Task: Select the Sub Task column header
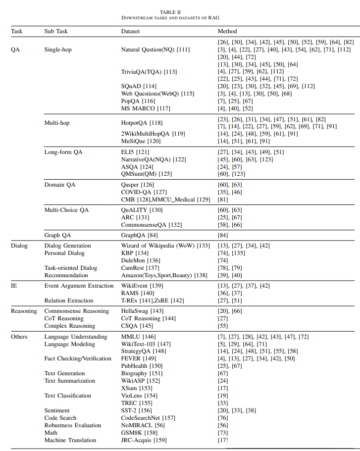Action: (x=55, y=31)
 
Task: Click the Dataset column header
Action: (x=130, y=31)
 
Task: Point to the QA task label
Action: (x=15, y=50)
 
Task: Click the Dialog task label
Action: (x=19, y=246)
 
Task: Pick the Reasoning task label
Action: (x=24, y=311)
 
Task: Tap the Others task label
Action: (x=19, y=337)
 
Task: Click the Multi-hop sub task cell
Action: (x=57, y=123)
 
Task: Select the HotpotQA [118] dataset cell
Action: (x=142, y=123)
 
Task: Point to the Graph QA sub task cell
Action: (x=57, y=235)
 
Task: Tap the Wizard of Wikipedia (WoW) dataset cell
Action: (x=165, y=246)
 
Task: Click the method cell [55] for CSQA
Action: (x=223, y=326)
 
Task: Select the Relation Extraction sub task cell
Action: (x=69, y=301)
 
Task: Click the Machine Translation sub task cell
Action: (x=70, y=440)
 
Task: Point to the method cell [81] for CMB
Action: (x=223, y=200)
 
